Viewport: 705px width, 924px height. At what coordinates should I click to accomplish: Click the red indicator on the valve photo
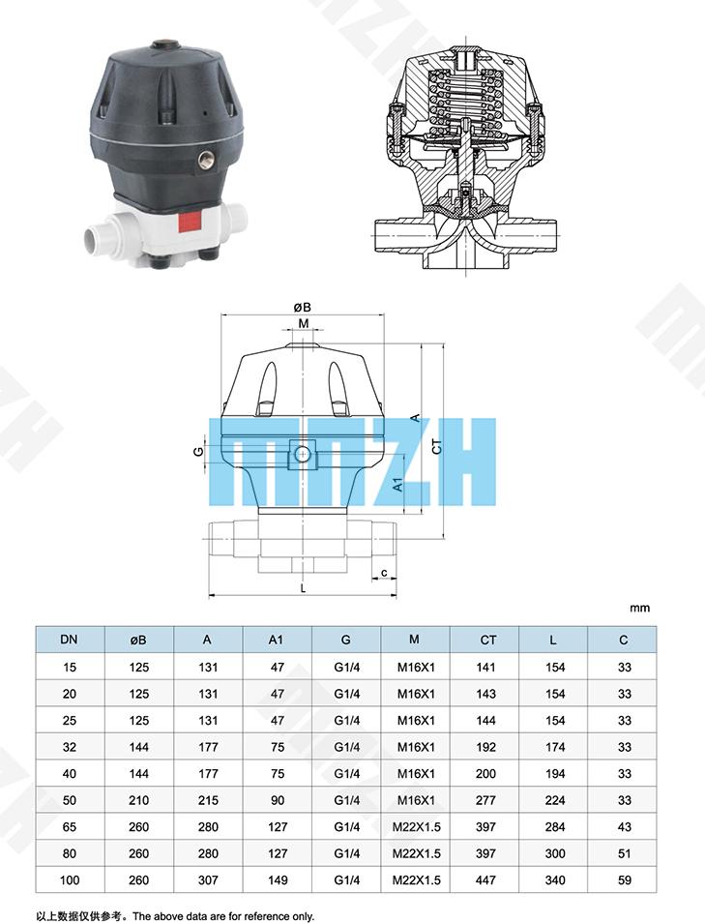point(189,223)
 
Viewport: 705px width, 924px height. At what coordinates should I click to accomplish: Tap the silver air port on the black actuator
point(206,161)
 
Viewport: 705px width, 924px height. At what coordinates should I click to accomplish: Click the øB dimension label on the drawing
point(302,307)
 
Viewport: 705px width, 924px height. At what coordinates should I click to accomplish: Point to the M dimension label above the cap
point(304,323)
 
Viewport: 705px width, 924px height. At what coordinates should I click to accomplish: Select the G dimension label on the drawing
point(198,452)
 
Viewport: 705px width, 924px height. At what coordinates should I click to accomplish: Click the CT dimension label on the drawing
point(436,447)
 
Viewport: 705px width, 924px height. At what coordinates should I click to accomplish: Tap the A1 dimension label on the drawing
point(398,485)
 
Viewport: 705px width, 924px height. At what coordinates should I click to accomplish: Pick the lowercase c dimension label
point(384,573)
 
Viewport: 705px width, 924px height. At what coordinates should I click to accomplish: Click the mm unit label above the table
point(639,609)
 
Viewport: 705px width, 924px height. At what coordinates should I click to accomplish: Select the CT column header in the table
point(487,640)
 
